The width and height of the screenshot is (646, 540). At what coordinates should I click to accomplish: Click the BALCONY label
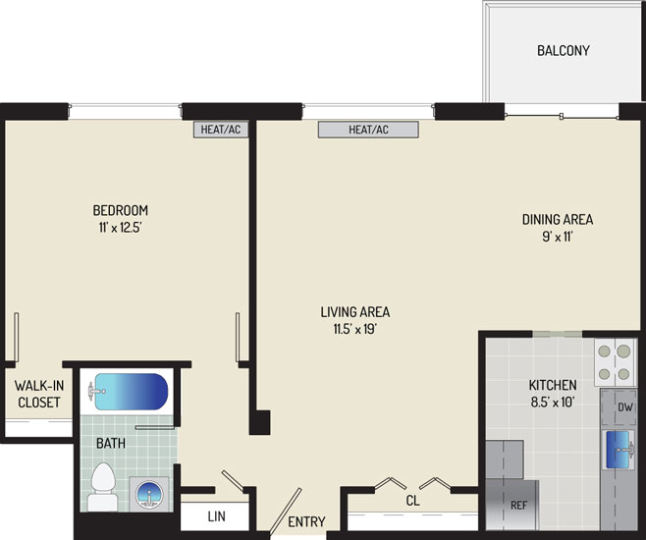coord(564,51)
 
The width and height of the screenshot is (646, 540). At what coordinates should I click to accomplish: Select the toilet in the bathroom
coord(102,486)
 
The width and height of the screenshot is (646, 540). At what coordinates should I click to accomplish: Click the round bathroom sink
coord(149,494)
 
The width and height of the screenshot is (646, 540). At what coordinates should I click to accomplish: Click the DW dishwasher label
coord(625,407)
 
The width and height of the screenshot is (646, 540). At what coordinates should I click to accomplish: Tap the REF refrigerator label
coord(518,505)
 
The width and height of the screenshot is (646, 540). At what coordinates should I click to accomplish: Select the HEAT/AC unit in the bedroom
coord(221,130)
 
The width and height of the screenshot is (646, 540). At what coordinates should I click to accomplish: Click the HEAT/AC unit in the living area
coord(368,130)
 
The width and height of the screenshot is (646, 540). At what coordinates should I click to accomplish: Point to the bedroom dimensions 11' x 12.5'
coord(121,228)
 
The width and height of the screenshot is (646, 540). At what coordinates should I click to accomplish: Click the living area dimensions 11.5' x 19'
coord(355,329)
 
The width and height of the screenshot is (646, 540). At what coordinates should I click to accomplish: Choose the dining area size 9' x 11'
coord(558,237)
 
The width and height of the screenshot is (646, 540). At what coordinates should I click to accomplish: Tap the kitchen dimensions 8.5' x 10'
coord(553,402)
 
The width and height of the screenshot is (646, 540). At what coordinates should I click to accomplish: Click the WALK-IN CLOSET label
coord(39,394)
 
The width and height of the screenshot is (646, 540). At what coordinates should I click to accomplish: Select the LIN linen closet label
coord(216,516)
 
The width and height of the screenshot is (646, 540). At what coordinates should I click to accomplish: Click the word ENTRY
coord(306,522)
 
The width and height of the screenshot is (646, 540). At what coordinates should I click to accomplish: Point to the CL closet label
coord(412,501)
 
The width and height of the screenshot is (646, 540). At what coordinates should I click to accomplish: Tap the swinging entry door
coord(286,512)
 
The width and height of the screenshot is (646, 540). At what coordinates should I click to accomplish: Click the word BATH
coord(111,443)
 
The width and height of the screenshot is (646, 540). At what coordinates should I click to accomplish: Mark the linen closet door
coord(234,481)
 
